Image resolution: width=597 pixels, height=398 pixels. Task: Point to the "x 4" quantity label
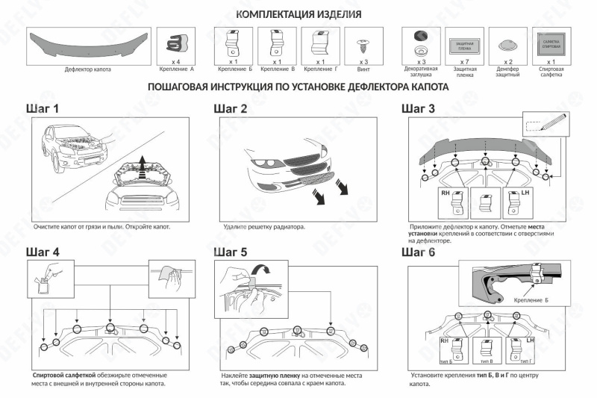(177, 62)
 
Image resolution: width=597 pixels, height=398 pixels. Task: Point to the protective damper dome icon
(507, 44)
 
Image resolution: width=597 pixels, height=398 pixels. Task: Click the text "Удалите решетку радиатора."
(263, 226)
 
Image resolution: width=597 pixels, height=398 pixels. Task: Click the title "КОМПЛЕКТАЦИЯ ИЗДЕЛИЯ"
(298, 15)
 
